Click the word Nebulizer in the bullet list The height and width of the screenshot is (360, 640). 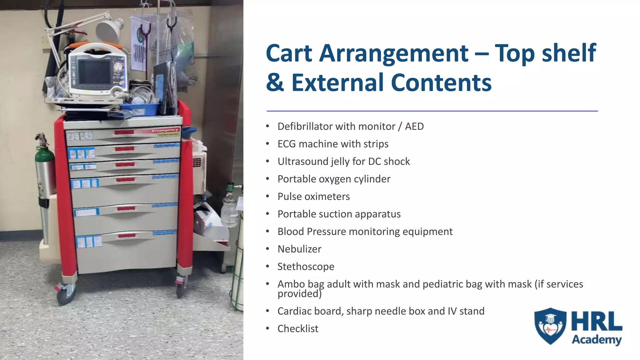(x=299, y=249)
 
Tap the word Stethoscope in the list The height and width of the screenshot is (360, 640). (x=306, y=267)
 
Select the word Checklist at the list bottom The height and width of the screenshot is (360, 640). (x=297, y=329)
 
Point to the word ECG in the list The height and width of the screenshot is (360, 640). (x=287, y=144)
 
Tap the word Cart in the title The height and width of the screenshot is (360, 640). (x=289, y=53)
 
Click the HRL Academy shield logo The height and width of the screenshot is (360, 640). (x=550, y=326)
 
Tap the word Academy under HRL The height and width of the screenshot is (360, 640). (x=597, y=339)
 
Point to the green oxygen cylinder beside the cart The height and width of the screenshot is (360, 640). (x=45, y=169)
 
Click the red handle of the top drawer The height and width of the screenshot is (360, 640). (x=124, y=132)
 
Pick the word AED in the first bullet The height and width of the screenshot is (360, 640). (x=414, y=127)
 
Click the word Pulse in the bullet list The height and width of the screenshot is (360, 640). (x=289, y=197)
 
